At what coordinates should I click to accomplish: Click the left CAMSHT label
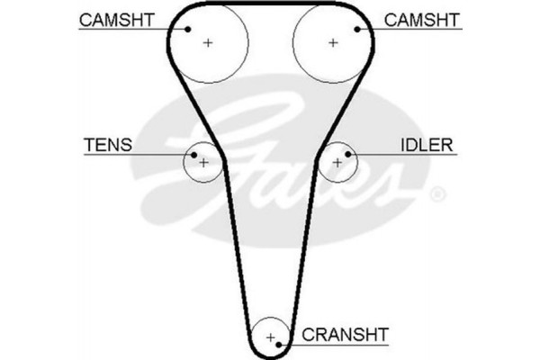pyautogui.click(x=115, y=19)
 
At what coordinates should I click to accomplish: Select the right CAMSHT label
pyautogui.click(x=422, y=19)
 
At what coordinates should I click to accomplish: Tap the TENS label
pyautogui.click(x=108, y=144)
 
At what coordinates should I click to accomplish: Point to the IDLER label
pyautogui.click(x=427, y=144)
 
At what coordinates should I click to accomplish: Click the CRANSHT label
pyautogui.click(x=345, y=335)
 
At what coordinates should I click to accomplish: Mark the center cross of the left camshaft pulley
pyautogui.click(x=208, y=42)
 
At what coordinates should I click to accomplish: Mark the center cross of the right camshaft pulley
pyautogui.click(x=333, y=42)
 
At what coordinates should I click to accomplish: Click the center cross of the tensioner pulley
pyautogui.click(x=203, y=163)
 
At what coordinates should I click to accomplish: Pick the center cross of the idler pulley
pyautogui.click(x=337, y=163)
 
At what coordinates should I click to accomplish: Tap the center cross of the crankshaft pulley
pyautogui.click(x=270, y=337)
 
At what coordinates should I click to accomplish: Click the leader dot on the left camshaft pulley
pyautogui.click(x=188, y=29)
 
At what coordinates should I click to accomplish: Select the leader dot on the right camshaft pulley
pyautogui.click(x=357, y=30)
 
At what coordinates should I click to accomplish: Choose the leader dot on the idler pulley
pyautogui.click(x=347, y=154)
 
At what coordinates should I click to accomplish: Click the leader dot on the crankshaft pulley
pyautogui.click(x=282, y=344)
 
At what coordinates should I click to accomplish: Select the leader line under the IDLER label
pyautogui.click(x=405, y=154)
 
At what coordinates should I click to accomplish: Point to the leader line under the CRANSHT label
pyautogui.click(x=342, y=345)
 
